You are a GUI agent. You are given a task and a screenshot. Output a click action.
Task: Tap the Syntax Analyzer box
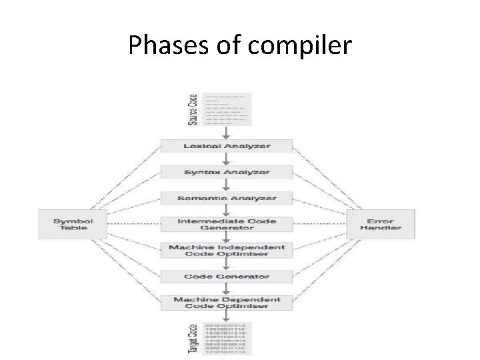(227, 172)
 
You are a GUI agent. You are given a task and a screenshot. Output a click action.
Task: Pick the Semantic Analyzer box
(227, 199)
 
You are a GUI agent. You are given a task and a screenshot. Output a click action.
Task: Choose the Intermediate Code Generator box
(227, 224)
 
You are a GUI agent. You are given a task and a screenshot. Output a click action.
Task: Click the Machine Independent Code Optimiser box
(227, 251)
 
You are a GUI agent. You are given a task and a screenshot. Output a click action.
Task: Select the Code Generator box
(227, 276)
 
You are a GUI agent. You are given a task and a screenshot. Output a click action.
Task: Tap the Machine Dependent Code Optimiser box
(227, 302)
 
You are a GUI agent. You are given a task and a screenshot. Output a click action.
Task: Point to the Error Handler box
(381, 224)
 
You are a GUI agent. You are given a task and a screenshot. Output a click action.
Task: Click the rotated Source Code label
(193, 110)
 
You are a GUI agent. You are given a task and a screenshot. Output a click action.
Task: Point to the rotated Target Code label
(193, 339)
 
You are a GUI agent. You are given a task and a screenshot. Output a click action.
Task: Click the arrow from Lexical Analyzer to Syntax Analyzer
(227, 159)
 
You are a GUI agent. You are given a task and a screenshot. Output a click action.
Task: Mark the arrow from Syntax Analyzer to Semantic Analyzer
(227, 185)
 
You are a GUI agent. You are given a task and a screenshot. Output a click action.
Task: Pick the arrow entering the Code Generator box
(227, 265)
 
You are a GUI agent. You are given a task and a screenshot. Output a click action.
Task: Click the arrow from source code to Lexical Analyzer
(227, 132)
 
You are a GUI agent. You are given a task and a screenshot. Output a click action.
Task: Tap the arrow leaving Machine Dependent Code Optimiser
(227, 316)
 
